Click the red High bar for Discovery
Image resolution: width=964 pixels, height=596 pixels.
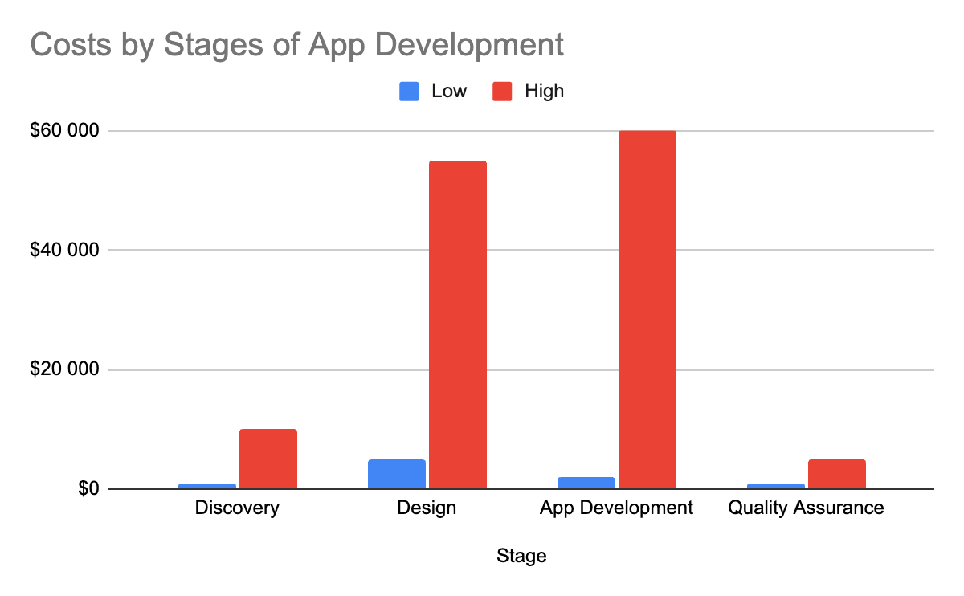tap(268, 459)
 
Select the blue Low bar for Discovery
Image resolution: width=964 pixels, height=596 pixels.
tap(207, 486)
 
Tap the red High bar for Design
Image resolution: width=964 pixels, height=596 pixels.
tap(457, 325)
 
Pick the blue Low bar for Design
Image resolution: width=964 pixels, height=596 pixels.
tap(397, 474)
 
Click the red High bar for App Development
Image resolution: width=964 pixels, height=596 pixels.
tap(647, 309)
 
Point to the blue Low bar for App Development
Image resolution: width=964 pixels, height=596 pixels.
tap(586, 483)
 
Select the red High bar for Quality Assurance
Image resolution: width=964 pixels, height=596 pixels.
tap(836, 474)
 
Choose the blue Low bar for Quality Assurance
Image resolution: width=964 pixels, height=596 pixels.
tap(776, 486)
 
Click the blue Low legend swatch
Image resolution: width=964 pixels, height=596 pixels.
tap(409, 92)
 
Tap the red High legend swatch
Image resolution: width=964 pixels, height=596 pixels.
tap(502, 92)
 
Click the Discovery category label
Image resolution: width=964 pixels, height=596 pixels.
tap(237, 508)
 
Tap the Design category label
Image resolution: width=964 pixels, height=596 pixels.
tap(427, 508)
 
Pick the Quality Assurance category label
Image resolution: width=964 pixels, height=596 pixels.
tap(806, 508)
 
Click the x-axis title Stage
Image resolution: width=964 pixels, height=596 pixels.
tap(521, 556)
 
